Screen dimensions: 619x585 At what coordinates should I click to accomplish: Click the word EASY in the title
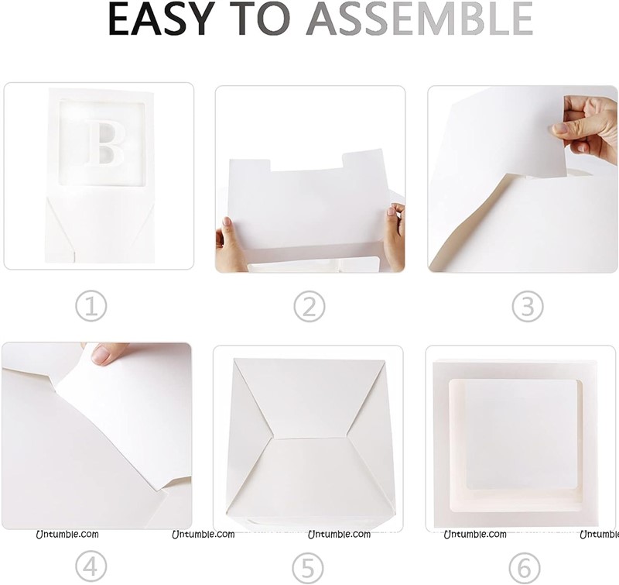[x=159, y=19]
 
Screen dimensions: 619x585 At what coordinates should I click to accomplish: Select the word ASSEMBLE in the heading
[x=419, y=19]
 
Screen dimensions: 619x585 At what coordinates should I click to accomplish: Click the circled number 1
[x=91, y=306]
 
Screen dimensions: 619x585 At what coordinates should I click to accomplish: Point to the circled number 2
[x=309, y=306]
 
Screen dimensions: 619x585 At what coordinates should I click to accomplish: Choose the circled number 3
[x=528, y=306]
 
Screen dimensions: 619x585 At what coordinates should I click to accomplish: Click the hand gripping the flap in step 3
[x=585, y=129]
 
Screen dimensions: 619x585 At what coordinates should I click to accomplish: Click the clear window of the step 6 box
[x=516, y=446]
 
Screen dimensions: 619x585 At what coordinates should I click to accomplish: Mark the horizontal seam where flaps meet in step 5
[x=311, y=438]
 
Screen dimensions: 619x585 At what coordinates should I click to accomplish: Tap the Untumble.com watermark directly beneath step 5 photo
[x=339, y=535]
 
